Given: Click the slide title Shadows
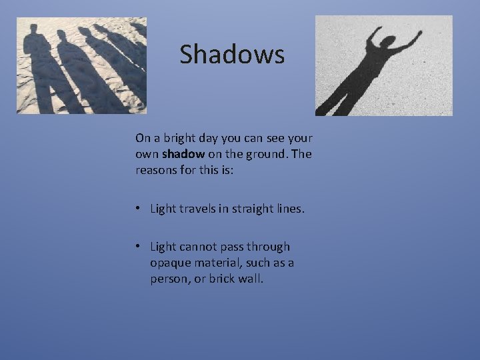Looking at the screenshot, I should (x=231, y=55).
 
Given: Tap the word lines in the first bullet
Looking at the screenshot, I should (x=289, y=209).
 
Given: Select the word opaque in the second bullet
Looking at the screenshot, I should (x=171, y=263).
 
